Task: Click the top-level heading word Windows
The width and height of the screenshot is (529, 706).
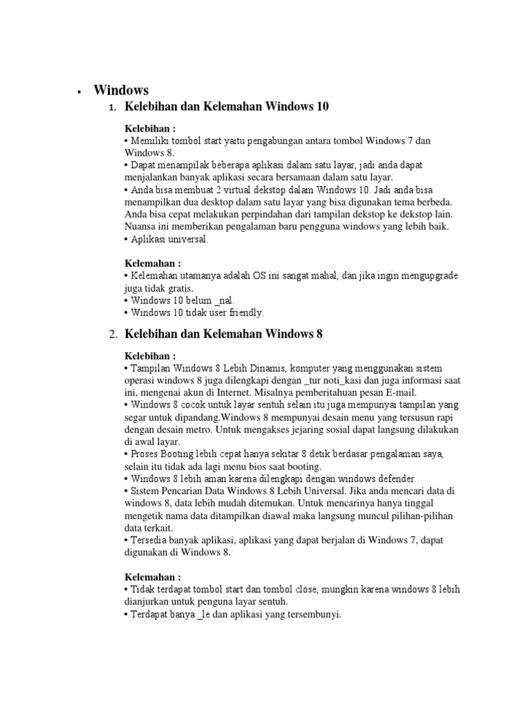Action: coord(121,90)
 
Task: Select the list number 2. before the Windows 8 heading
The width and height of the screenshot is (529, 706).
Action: coord(113,335)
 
